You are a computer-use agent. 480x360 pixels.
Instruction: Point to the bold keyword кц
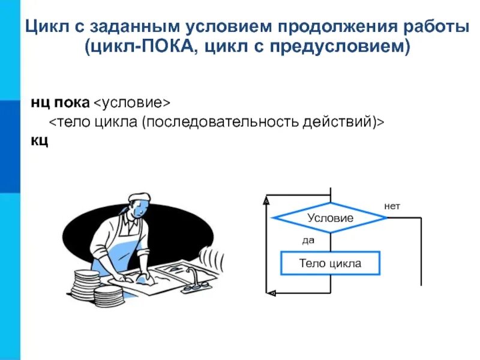click(x=40, y=142)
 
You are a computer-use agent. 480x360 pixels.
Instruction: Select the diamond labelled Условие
click(x=330, y=218)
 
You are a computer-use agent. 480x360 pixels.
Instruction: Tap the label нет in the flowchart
click(x=392, y=206)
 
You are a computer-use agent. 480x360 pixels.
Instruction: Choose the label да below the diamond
click(x=308, y=240)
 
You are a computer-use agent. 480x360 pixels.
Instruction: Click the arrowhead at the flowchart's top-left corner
click(x=266, y=202)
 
